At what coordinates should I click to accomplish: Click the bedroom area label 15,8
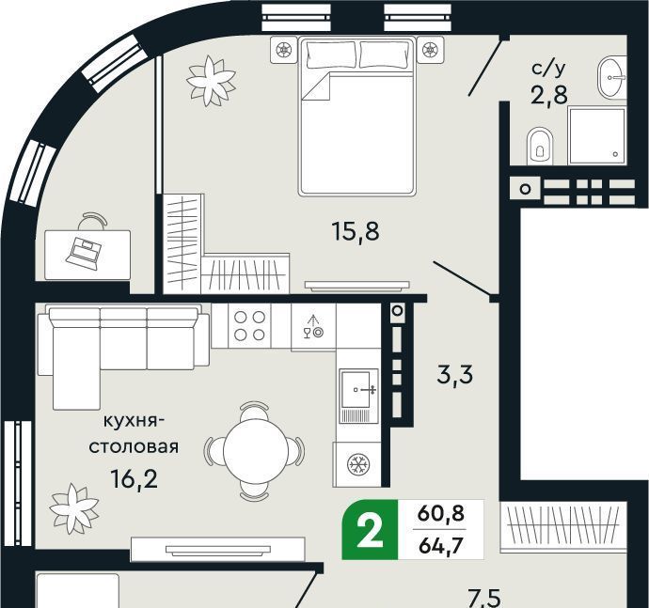(x=356, y=231)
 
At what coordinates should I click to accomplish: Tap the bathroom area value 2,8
(x=549, y=95)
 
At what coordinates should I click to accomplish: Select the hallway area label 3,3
(x=455, y=375)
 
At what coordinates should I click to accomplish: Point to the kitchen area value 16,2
(x=135, y=479)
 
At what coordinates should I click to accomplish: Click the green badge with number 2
(x=370, y=530)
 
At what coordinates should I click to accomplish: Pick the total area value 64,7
(x=440, y=546)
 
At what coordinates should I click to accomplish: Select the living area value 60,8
(x=441, y=514)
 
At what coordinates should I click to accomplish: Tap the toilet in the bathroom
(x=540, y=146)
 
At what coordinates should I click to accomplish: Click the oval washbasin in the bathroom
(x=609, y=77)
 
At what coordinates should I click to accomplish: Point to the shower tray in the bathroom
(x=596, y=135)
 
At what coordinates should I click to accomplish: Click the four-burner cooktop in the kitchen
(x=249, y=325)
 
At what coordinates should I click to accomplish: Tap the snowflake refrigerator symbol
(x=357, y=464)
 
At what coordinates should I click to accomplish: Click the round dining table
(x=254, y=449)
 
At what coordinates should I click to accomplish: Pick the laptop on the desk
(x=84, y=252)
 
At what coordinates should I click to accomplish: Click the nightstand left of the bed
(x=284, y=50)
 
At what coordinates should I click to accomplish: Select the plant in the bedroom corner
(x=211, y=81)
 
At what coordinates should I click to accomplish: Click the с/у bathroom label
(x=548, y=70)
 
